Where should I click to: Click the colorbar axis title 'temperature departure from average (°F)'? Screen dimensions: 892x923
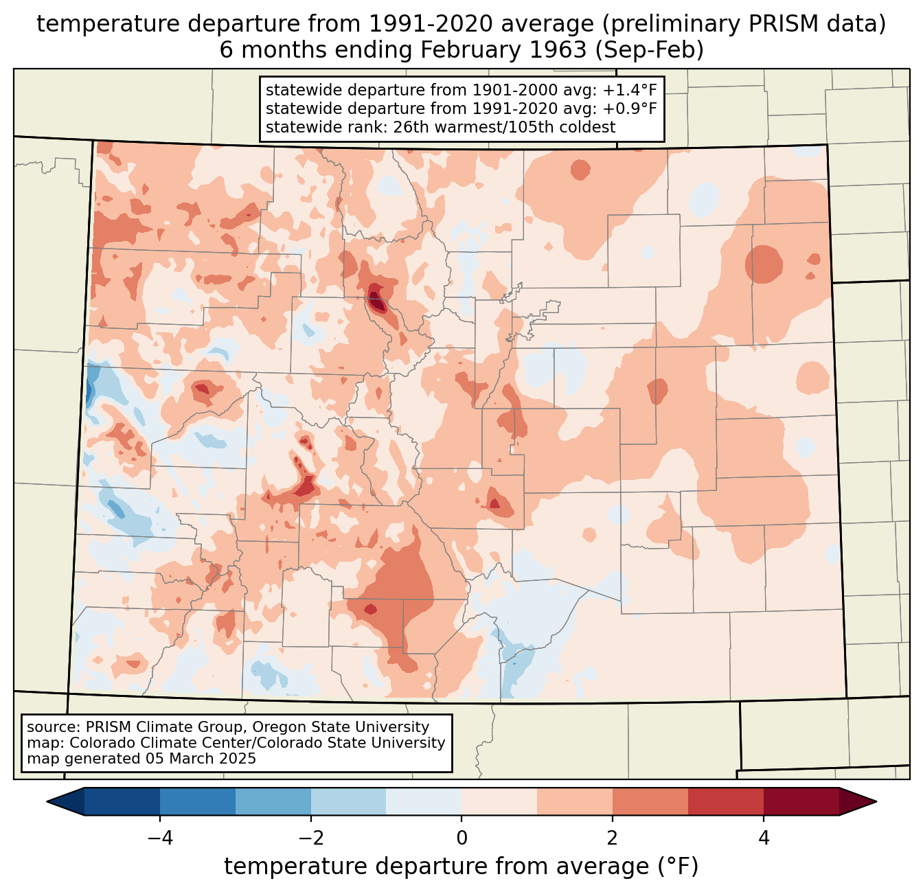(x=461, y=867)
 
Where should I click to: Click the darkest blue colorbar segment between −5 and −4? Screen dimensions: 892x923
(x=122, y=801)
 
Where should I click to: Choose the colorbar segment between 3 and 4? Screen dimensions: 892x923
(x=726, y=801)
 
